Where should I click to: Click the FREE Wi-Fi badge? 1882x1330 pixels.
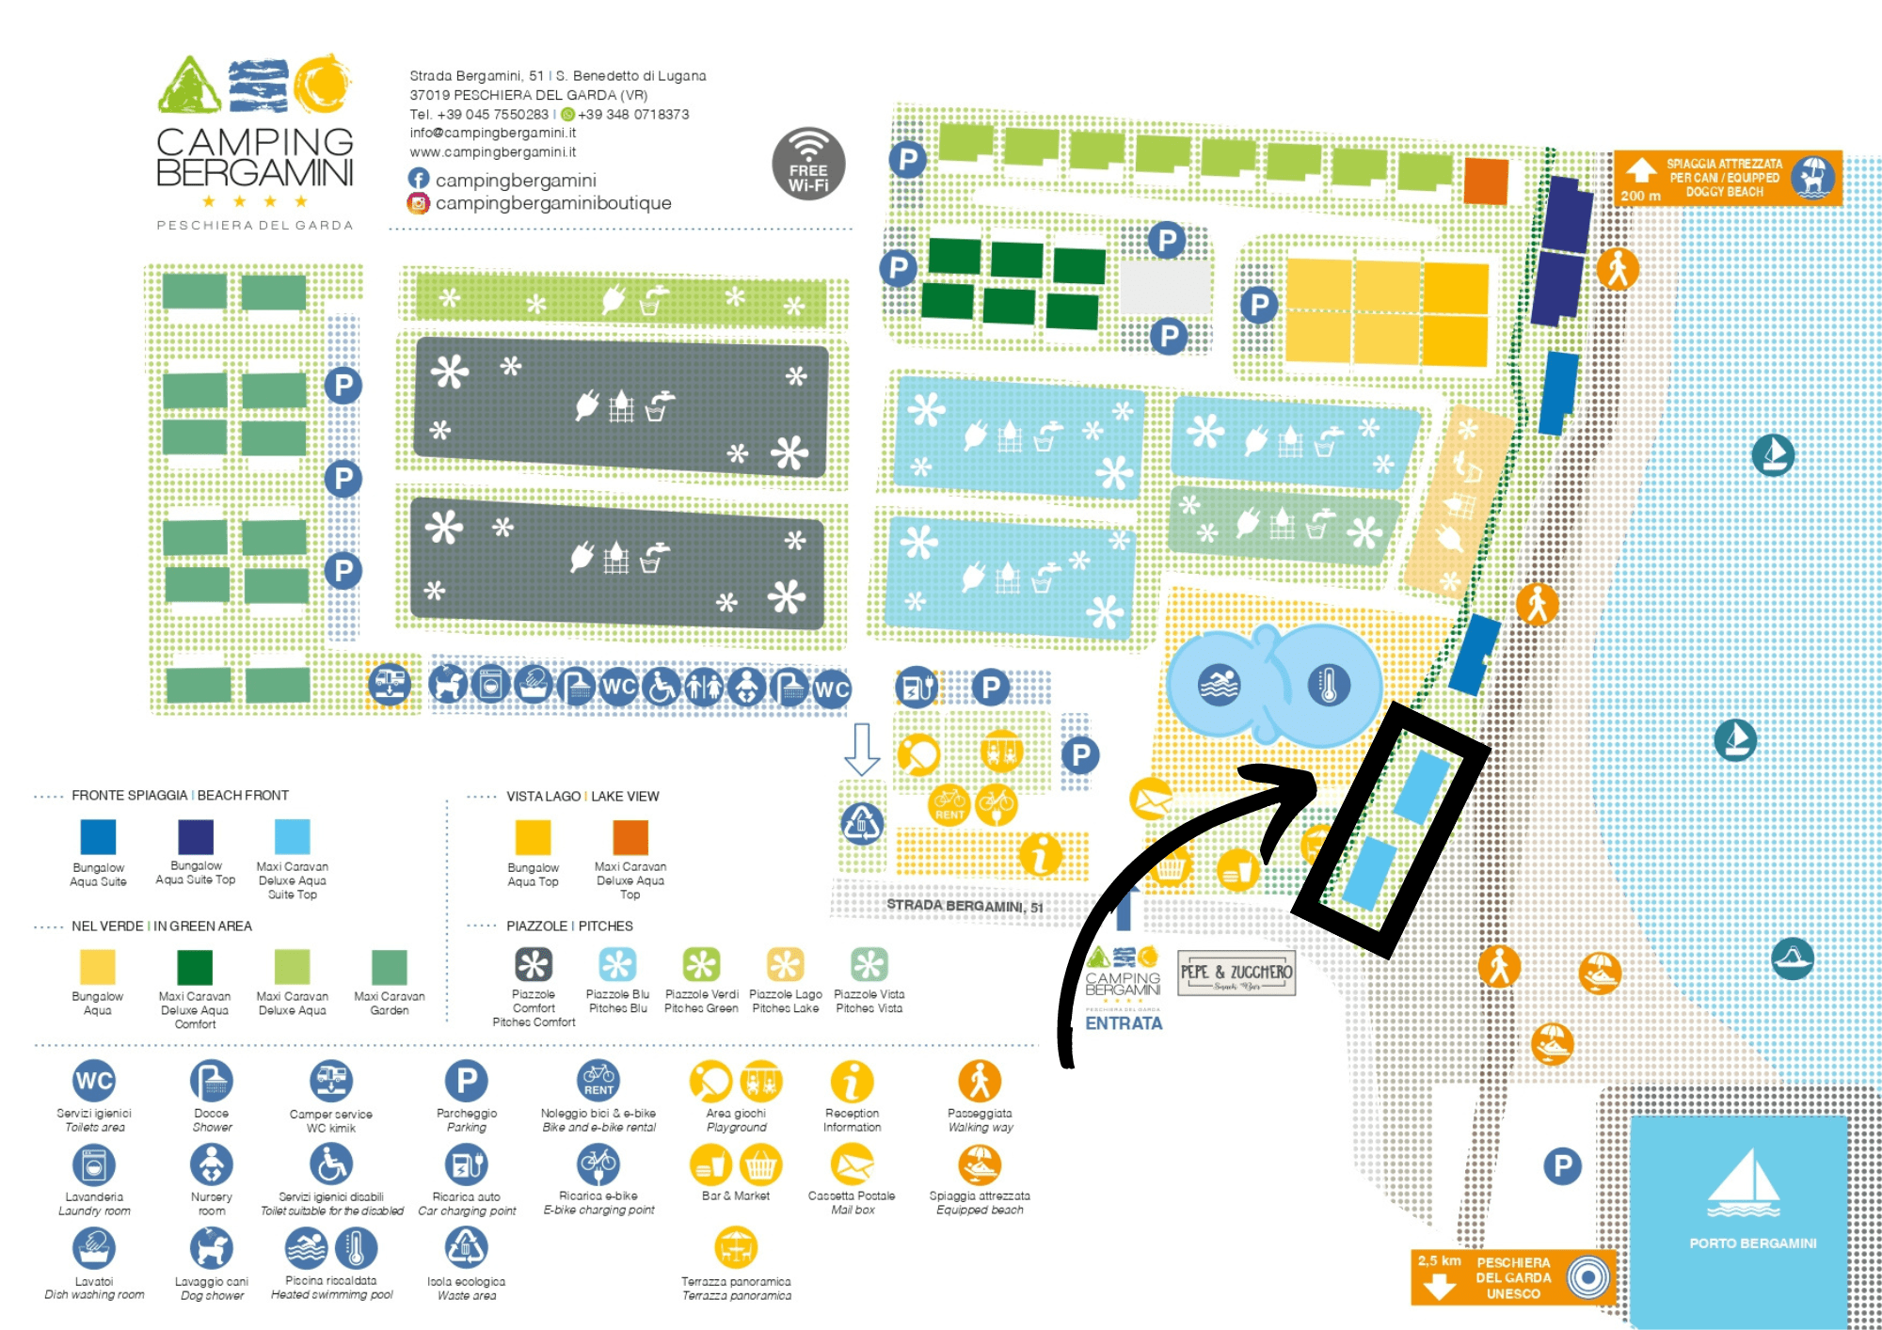808,164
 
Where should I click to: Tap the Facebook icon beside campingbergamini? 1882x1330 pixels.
419,179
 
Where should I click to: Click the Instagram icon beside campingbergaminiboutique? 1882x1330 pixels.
419,203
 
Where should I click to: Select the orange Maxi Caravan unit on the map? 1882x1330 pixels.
1486,181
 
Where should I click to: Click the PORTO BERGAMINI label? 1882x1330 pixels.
1752,1243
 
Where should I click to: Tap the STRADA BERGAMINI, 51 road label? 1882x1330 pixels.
965,906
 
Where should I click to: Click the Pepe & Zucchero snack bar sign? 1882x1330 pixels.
1236,974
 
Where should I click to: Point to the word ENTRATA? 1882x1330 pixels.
1124,1023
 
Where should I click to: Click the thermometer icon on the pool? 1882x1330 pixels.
1329,685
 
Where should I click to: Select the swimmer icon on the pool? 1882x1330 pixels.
1219,685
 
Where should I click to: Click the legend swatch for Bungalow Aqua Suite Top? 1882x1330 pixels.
196,836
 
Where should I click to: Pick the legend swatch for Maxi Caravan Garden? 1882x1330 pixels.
389,967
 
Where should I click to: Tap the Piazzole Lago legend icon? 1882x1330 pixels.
785,964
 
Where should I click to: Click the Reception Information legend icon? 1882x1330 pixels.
852,1082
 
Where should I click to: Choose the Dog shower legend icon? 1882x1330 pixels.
212,1249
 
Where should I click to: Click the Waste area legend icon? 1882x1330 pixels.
467,1249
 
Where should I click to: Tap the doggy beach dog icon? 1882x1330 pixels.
1812,178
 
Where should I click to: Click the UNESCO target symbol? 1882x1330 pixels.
1588,1277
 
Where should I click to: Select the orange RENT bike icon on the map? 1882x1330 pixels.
949,804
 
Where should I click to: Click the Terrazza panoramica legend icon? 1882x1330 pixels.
736,1249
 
